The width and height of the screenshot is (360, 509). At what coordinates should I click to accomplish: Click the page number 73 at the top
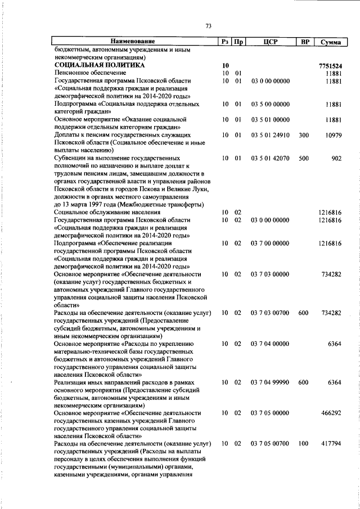pyautogui.click(x=208, y=26)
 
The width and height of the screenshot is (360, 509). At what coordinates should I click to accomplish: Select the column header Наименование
pyautogui.click(x=133, y=42)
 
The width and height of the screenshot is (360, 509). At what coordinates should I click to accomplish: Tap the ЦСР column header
pyautogui.click(x=271, y=42)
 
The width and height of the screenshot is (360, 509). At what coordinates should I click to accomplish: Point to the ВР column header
pyautogui.click(x=304, y=42)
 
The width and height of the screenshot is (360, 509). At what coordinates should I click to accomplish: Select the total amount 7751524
pyautogui.click(x=330, y=66)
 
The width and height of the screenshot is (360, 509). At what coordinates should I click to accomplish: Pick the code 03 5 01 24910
pyautogui.click(x=271, y=136)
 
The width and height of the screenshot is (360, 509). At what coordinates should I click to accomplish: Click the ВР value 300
pyautogui.click(x=304, y=136)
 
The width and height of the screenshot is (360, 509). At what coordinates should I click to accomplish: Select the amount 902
pyautogui.click(x=336, y=159)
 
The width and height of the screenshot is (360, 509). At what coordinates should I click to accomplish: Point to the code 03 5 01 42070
pyautogui.click(x=271, y=159)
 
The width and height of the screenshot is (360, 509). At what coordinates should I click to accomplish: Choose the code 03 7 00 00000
pyautogui.click(x=271, y=244)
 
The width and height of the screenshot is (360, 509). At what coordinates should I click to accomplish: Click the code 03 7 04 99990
pyautogui.click(x=271, y=382)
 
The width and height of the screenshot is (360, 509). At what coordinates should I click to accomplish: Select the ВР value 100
pyautogui.click(x=304, y=444)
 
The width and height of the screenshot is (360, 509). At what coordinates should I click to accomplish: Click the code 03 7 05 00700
pyautogui.click(x=271, y=444)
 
